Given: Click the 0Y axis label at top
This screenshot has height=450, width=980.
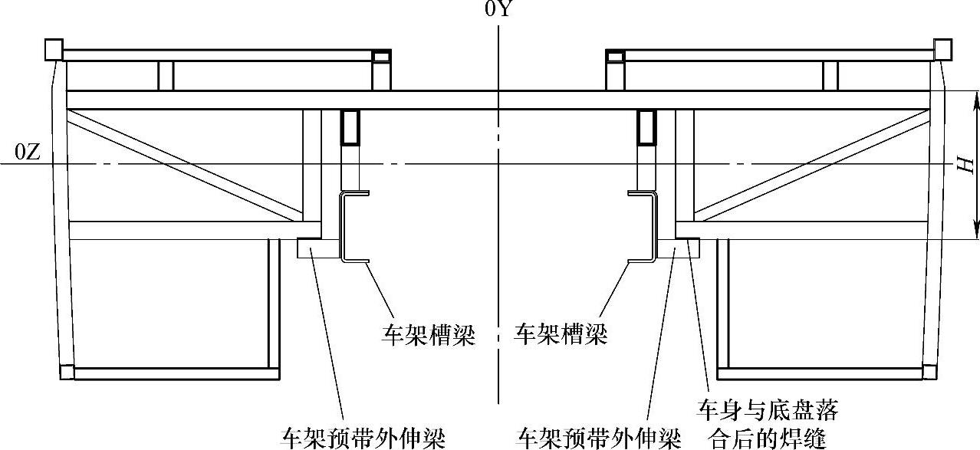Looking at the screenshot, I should (498, 10).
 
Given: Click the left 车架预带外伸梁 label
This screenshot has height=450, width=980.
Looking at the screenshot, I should (363, 439).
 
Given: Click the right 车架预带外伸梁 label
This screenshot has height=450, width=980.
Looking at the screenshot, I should (600, 439).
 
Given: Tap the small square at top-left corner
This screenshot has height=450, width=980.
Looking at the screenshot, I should (53, 49).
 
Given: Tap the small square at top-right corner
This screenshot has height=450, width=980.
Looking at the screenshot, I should (942, 49).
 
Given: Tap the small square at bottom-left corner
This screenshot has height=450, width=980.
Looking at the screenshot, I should (65, 373).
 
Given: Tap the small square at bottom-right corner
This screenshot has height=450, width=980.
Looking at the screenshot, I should (930, 373).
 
